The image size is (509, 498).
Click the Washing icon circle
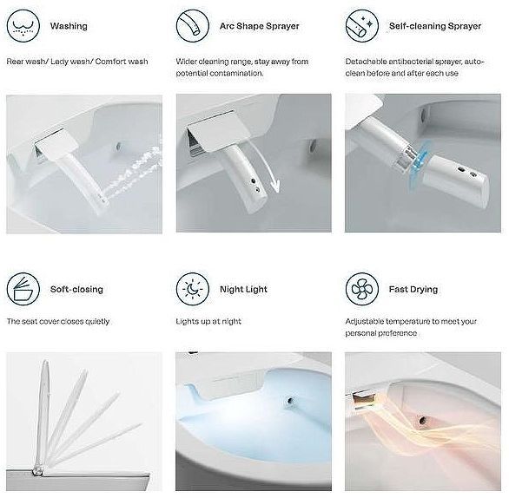pos(23,26)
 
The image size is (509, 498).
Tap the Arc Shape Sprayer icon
pos(193,26)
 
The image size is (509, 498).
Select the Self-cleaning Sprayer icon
pos(362,26)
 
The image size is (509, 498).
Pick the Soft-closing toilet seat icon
pos(23,289)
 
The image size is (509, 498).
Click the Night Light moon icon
pos(193,289)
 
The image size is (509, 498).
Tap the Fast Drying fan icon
pos(362,289)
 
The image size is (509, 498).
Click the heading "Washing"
pos(69,26)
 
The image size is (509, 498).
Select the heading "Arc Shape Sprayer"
pos(260,26)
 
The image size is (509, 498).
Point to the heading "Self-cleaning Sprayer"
pos(435,26)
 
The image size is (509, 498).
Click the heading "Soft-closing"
pos(76,289)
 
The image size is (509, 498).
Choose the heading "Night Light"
pos(243,289)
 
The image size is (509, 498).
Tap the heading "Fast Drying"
pos(413,289)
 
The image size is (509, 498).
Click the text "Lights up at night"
pos(208,321)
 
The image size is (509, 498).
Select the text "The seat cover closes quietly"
pos(58,321)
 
